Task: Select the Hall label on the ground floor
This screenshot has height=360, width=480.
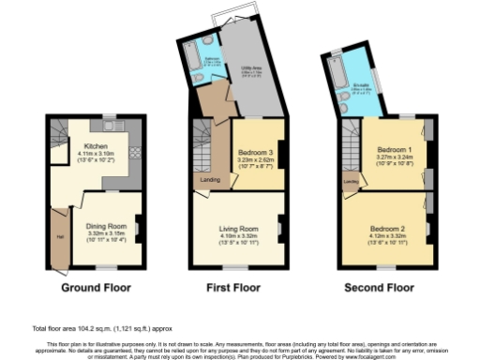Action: tap(59, 235)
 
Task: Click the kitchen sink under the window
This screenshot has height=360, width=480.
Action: tap(111, 126)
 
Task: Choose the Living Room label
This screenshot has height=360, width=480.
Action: tap(241, 228)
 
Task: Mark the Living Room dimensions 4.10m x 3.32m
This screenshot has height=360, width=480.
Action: tap(241, 235)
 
